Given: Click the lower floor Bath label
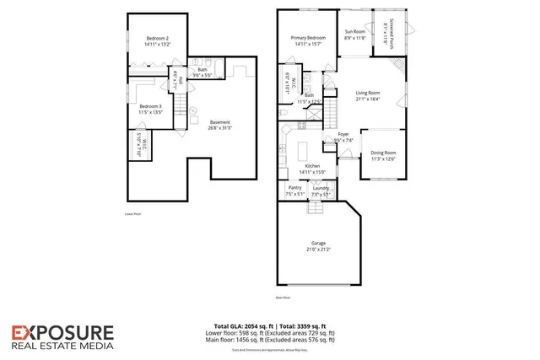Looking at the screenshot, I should [x=202, y=70].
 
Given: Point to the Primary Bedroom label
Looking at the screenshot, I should [x=308, y=38].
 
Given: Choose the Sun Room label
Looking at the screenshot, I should [x=354, y=32].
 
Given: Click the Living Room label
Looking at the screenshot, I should [x=367, y=93].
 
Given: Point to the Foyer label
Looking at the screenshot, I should [x=343, y=134].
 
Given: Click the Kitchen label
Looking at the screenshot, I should [x=312, y=166].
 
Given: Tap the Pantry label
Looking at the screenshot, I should [x=295, y=187].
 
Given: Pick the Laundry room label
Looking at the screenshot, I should [x=320, y=187].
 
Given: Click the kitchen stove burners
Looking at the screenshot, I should [x=285, y=130].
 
